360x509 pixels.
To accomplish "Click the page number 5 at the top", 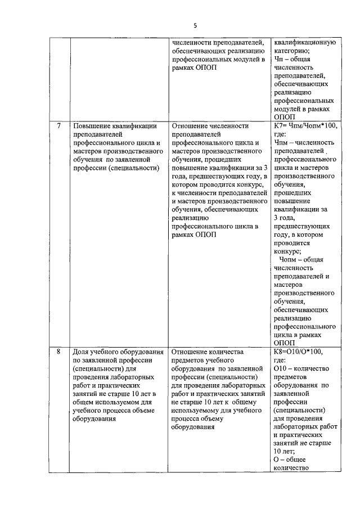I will pyautogui.click(x=195, y=25).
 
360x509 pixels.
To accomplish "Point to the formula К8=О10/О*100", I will pyautogui.click(x=298, y=352).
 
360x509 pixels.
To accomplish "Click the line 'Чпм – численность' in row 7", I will pyautogui.click(x=304, y=143).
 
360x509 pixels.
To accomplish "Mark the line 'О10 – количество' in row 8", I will pyautogui.click(x=304, y=368).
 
